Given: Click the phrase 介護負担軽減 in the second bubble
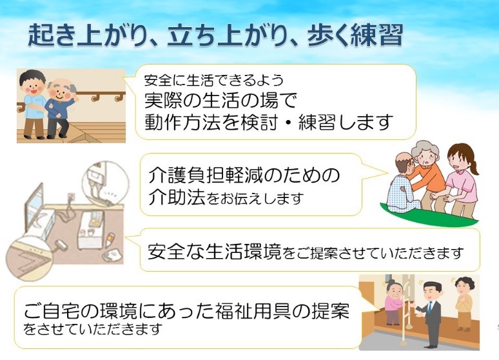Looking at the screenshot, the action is pyautogui.click(x=206, y=175).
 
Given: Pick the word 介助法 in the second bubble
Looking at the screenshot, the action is pyautogui.click(x=176, y=197).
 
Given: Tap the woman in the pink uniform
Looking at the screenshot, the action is pyautogui.click(x=458, y=181).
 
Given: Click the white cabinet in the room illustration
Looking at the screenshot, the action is pyautogui.click(x=90, y=230).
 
